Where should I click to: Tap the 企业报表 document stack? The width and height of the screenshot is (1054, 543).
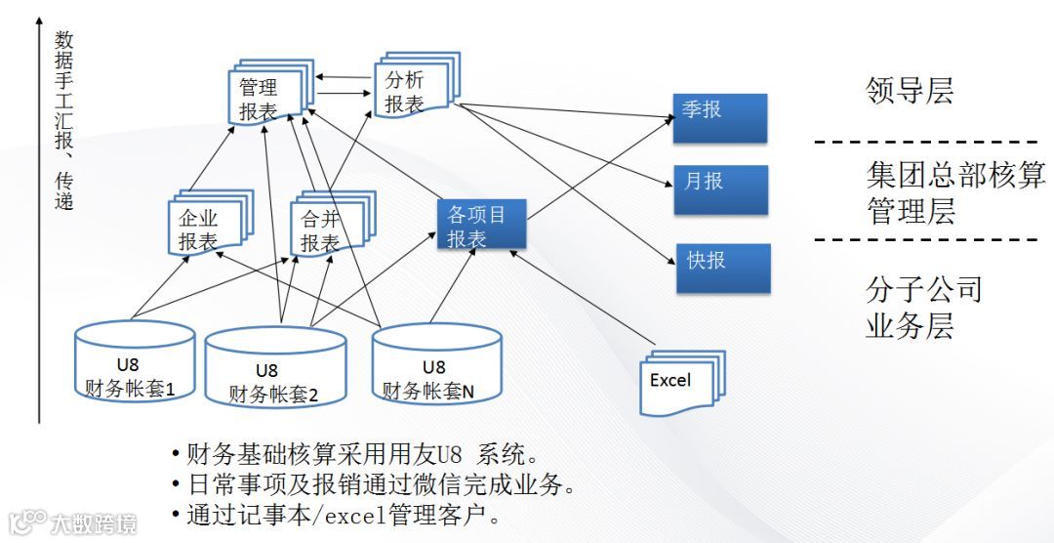(205, 228)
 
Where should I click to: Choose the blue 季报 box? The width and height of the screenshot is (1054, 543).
(720, 117)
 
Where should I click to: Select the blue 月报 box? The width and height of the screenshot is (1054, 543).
(720, 189)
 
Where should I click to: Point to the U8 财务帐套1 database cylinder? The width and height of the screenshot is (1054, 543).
(136, 362)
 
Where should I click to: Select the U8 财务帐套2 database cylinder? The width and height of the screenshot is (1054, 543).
(274, 369)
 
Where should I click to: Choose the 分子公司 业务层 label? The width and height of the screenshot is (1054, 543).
(923, 307)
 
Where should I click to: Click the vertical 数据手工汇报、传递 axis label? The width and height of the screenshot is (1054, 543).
(63, 121)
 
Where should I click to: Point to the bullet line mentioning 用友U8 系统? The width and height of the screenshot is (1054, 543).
(355, 454)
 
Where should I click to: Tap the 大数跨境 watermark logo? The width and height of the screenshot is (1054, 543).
(72, 523)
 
